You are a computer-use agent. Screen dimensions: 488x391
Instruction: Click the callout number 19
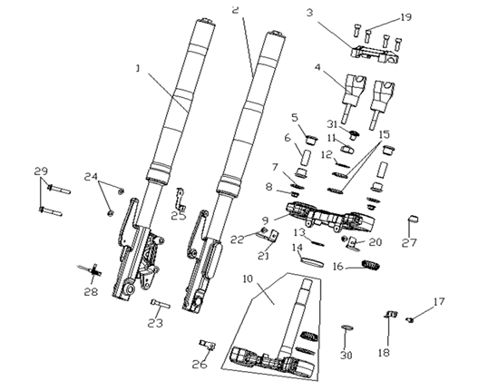pyautogui.click(x=405, y=17)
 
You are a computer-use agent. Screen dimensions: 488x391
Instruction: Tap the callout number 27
pyautogui.click(x=409, y=242)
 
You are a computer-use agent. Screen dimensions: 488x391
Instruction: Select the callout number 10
pyautogui.click(x=248, y=279)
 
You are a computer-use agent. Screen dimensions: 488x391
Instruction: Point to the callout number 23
pyautogui.click(x=155, y=323)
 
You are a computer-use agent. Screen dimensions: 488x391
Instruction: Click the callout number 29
pyautogui.click(x=41, y=171)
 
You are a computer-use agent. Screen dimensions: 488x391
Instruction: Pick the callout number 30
pyautogui.click(x=346, y=356)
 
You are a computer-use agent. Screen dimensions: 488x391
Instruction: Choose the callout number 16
pyautogui.click(x=337, y=266)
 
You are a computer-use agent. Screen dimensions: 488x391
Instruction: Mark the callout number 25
pyautogui.click(x=179, y=215)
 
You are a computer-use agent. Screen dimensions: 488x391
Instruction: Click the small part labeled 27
pyautogui.click(x=413, y=220)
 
